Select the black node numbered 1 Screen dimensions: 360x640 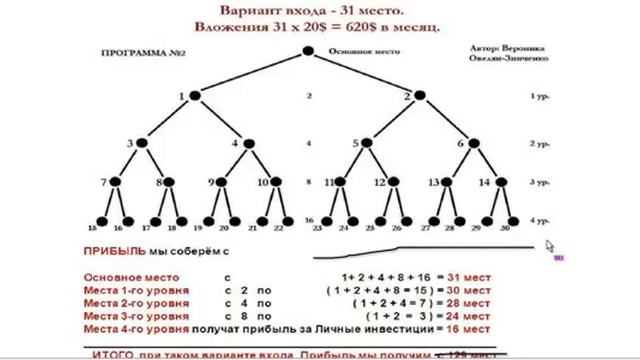195,96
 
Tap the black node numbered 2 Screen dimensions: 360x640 421,96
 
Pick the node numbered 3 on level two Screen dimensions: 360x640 142,143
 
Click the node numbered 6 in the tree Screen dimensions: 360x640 473,143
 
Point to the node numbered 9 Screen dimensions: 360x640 223,182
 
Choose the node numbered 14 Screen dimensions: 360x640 494,182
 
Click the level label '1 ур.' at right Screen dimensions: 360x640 540,97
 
